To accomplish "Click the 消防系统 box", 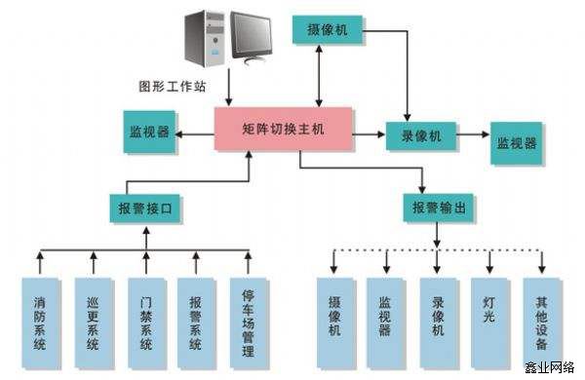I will pyautogui.click(x=40, y=317).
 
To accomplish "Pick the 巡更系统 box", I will pyautogui.click(x=92, y=317).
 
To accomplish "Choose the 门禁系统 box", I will pyautogui.click(x=144, y=317).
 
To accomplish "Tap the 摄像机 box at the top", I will pyautogui.click(x=327, y=29).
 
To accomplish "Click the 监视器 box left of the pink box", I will pyautogui.click(x=150, y=132).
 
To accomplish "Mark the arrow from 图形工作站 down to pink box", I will pyautogui.click(x=230, y=94).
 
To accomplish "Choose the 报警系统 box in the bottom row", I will pyautogui.click(x=196, y=317).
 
